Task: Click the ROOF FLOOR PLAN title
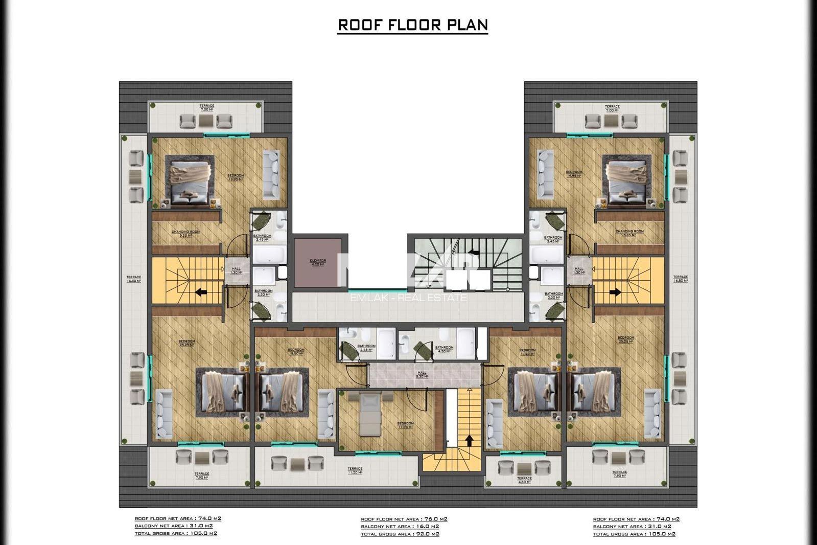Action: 413,25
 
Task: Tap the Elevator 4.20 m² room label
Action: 317,262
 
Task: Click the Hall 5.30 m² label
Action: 422,374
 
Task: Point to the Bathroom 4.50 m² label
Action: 443,349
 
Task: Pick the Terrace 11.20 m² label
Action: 355,470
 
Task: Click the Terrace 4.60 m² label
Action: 524,480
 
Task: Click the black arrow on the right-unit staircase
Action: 615,293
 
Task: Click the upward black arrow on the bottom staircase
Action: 469,441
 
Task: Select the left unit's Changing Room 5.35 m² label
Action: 186,233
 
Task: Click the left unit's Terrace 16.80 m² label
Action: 134,279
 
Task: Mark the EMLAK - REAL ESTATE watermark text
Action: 408,297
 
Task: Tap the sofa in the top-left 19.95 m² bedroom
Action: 271,175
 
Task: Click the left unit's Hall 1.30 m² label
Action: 236,270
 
